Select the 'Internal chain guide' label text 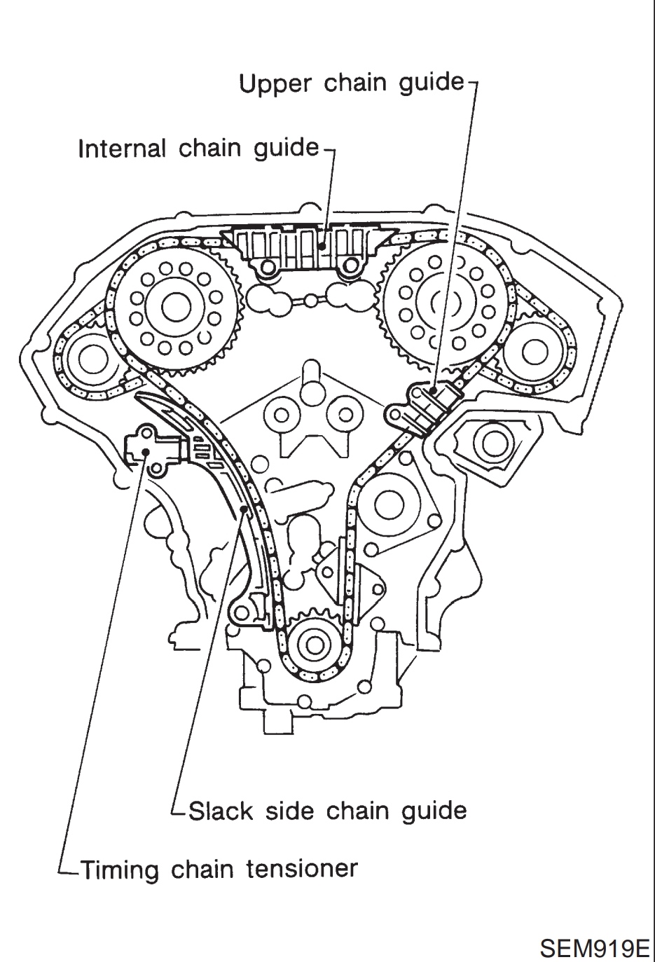point(198,149)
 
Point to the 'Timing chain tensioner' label point(219,870)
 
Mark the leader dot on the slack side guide point(244,509)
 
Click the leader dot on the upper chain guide point(434,390)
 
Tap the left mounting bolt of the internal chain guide point(268,267)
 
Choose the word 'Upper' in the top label point(275,85)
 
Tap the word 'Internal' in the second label point(122,149)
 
